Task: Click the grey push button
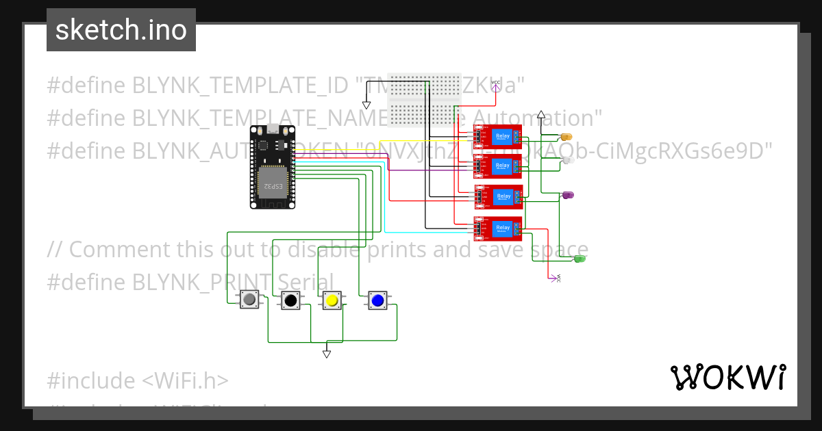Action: tap(250, 300)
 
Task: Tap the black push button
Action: tap(290, 300)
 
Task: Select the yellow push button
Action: tap(332, 300)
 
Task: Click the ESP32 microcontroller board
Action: tap(272, 167)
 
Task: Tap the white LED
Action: tap(568, 160)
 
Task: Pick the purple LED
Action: tap(568, 196)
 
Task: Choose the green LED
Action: tap(580, 259)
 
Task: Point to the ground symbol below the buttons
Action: tap(327, 354)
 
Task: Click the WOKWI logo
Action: tap(727, 377)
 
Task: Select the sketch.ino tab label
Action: tap(121, 30)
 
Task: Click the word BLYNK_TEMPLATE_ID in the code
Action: tap(240, 86)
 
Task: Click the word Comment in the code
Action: tap(116, 250)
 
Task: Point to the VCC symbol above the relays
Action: tap(496, 84)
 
